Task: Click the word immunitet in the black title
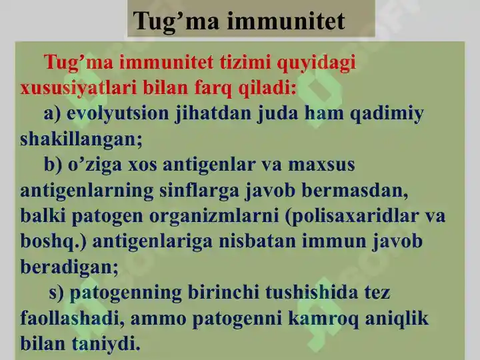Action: (x=285, y=21)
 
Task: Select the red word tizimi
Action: (x=245, y=62)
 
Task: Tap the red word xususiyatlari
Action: (x=79, y=89)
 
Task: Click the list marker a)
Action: (x=53, y=113)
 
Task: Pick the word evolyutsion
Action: (x=117, y=113)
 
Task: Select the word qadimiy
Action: (x=387, y=114)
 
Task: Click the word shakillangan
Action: (x=81, y=139)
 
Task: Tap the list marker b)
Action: (x=53, y=165)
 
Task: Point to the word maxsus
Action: (x=321, y=165)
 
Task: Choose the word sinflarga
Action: (x=199, y=191)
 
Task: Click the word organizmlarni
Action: (x=214, y=216)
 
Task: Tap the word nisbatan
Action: (x=258, y=241)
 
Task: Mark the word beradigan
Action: (x=69, y=267)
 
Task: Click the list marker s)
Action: (x=56, y=293)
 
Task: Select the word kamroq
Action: (x=323, y=319)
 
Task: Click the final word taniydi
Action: (x=106, y=344)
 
